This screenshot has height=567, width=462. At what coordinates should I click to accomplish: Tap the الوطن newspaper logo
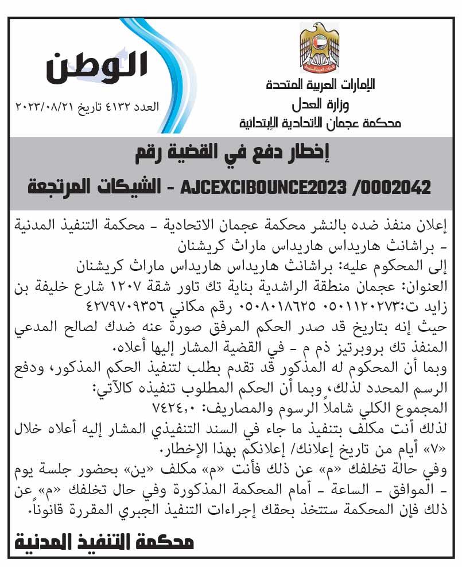97,68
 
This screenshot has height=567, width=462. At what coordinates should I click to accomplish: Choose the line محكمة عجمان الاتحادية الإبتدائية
320,123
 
